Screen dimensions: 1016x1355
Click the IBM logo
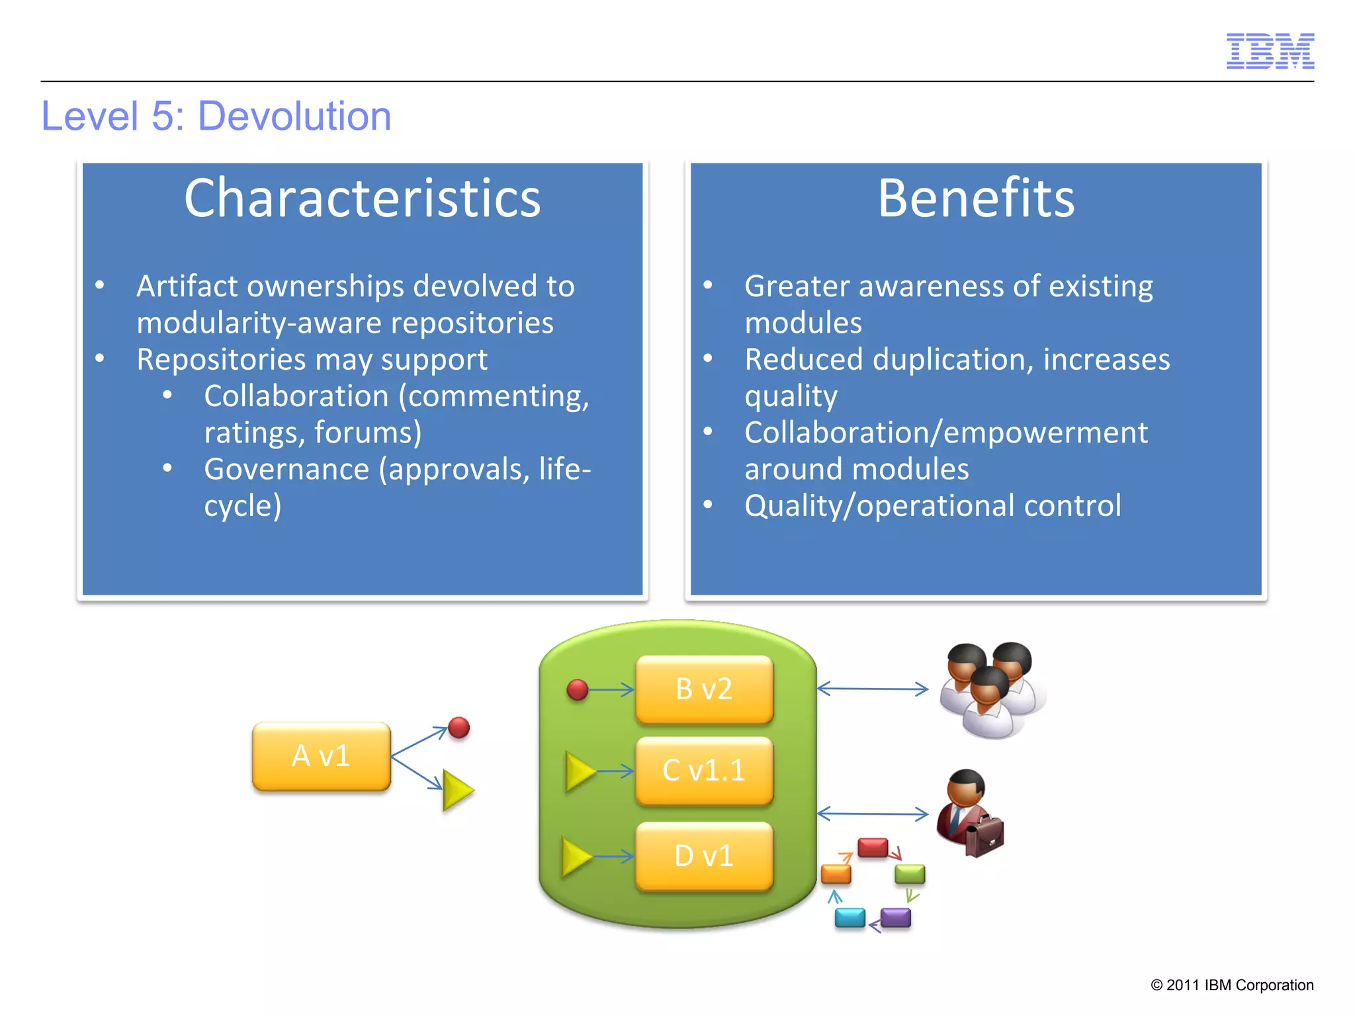pos(1270,51)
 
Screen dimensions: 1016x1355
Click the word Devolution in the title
pos(294,116)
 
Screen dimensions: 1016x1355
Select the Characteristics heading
pos(362,198)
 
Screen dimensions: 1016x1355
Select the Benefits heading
pos(976,198)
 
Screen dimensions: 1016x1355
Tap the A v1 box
pos(322,756)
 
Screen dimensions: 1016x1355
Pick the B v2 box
pos(704,689)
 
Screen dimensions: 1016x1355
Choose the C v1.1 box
pos(704,771)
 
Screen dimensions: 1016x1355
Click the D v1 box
pos(704,856)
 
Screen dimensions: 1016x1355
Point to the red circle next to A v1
pos(459,728)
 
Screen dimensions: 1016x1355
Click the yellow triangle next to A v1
pos(457,790)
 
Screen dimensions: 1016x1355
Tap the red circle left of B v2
pos(578,690)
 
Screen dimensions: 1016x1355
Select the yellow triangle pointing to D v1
pos(575,857)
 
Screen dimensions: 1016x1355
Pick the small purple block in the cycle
pos(896,917)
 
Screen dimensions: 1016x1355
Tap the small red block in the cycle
pos(873,847)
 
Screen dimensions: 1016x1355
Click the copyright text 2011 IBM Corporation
pos(1232,985)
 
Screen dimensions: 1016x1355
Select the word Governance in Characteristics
pos(286,469)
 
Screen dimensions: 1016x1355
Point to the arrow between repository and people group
pos(873,689)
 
